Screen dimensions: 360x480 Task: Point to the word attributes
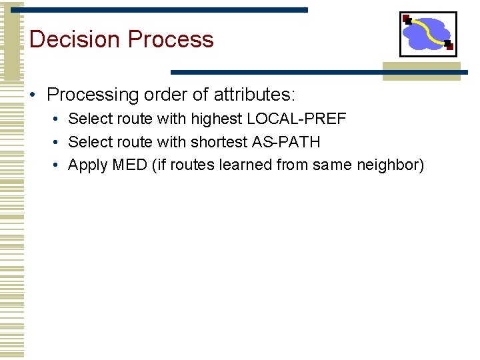253,95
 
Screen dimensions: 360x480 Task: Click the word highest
216,119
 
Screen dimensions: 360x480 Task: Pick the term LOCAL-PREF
297,119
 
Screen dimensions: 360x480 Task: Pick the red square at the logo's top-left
406,18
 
